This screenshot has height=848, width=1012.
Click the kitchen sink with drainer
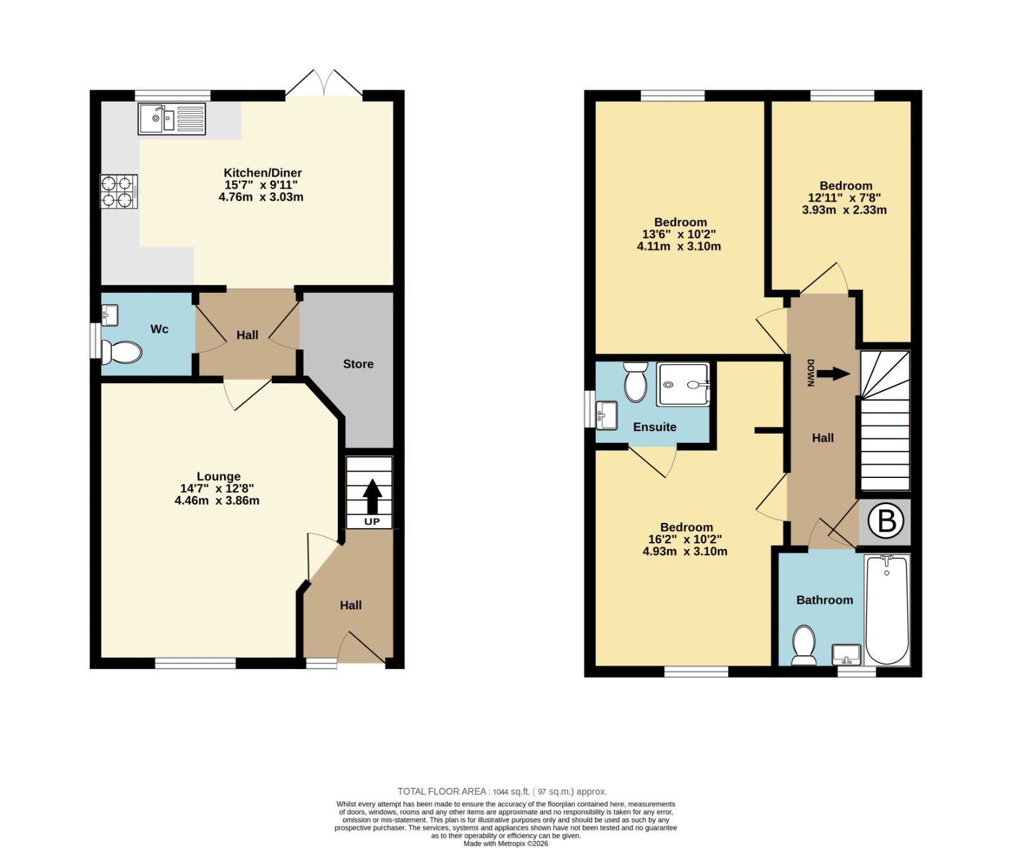click(x=172, y=119)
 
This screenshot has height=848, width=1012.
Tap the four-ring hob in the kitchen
click(x=119, y=192)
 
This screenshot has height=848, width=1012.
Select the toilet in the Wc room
click(x=121, y=353)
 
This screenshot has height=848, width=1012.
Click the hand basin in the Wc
click(x=109, y=315)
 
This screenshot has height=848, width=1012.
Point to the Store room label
click(x=358, y=364)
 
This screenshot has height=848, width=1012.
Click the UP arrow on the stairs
click(x=372, y=496)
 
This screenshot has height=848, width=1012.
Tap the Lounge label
click(x=218, y=476)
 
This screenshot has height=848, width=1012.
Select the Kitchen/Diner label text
click(x=262, y=173)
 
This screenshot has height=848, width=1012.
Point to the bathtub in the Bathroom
click(x=887, y=609)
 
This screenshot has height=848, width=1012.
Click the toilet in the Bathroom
click(x=804, y=645)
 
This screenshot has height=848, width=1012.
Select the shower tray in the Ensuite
click(x=683, y=384)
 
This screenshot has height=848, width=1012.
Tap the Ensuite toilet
click(x=635, y=381)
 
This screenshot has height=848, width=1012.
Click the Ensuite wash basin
click(x=607, y=415)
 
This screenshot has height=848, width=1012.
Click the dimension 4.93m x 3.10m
click(x=685, y=551)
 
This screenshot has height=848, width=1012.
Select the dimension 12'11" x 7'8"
click(x=844, y=198)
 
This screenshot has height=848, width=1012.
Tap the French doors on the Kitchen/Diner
click(x=324, y=83)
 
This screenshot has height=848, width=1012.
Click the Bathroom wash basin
click(x=846, y=654)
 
